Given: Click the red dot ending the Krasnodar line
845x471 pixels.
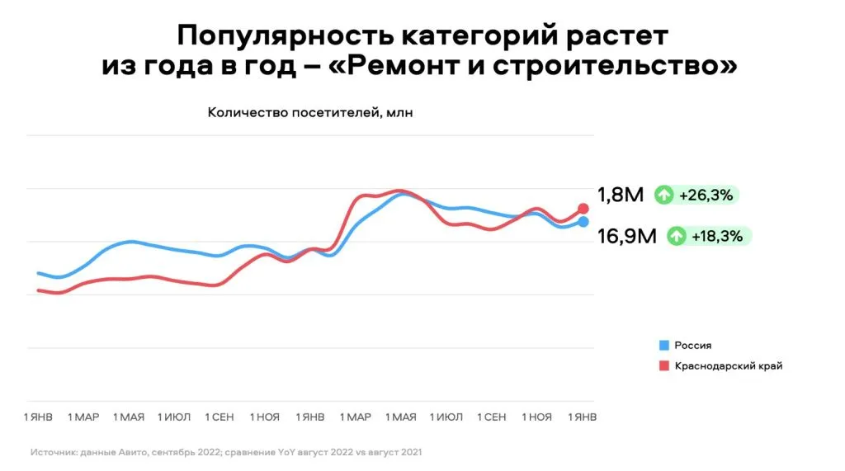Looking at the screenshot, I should [x=583, y=209].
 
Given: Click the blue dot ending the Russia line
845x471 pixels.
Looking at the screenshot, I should [x=583, y=221].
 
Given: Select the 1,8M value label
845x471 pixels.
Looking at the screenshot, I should [x=621, y=195].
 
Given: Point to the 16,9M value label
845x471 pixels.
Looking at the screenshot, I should [x=627, y=237].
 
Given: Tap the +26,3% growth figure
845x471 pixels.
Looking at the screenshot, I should [x=705, y=195].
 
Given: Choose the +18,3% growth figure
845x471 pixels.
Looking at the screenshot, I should [x=717, y=237].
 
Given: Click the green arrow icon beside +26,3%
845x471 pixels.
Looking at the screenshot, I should [x=664, y=195].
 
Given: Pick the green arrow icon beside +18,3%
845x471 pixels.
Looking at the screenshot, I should [x=677, y=237].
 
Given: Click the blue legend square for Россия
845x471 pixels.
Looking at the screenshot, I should [x=663, y=346].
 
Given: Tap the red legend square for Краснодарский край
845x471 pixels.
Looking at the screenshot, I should [x=663, y=365].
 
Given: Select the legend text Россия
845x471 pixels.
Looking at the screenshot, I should [x=693, y=346].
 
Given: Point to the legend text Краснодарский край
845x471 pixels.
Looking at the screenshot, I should [x=729, y=365].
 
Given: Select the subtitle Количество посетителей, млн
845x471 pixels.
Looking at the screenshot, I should [x=309, y=113].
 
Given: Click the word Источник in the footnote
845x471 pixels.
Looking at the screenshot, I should [x=52, y=452].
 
